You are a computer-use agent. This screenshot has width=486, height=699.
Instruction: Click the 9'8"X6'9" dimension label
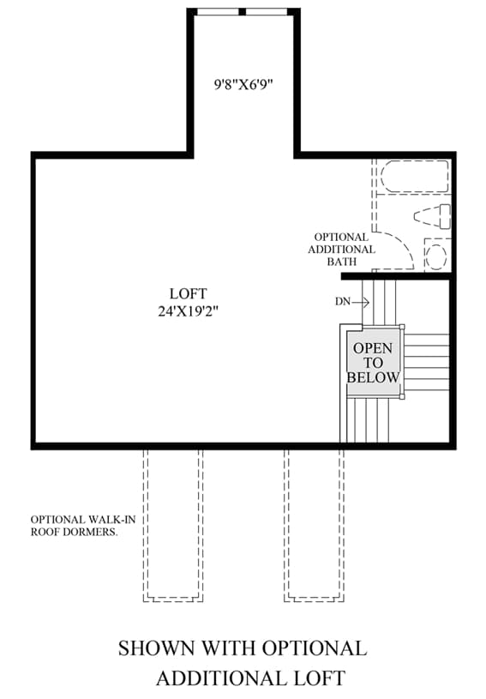pos(243,84)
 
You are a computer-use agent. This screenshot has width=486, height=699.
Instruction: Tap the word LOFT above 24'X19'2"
pos(188,294)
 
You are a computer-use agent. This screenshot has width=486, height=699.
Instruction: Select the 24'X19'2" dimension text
pos(188,310)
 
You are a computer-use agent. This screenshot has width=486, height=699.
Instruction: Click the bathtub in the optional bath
pos(414,177)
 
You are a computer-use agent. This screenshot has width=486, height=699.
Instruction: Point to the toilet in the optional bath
pos(432,216)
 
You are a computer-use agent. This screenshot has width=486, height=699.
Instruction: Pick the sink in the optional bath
pos(435,256)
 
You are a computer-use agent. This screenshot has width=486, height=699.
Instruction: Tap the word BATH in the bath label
pos(342,262)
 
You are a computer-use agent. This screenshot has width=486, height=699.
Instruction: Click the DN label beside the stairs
pos(343,302)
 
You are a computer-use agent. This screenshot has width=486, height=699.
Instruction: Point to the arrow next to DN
pos(360,302)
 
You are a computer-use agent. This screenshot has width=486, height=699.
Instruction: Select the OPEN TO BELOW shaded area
pos(374,362)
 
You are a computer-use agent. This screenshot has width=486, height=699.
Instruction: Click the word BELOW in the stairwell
pos(374,377)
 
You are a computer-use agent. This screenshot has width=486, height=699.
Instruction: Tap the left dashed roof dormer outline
pos(173,525)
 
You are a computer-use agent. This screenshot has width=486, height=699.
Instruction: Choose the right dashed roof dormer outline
pos(314,525)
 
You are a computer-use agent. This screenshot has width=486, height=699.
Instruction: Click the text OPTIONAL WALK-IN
pos(83,520)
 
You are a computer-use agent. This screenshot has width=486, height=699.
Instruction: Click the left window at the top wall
pos(218,12)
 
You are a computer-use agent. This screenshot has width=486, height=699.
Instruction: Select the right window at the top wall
pos(267,12)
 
